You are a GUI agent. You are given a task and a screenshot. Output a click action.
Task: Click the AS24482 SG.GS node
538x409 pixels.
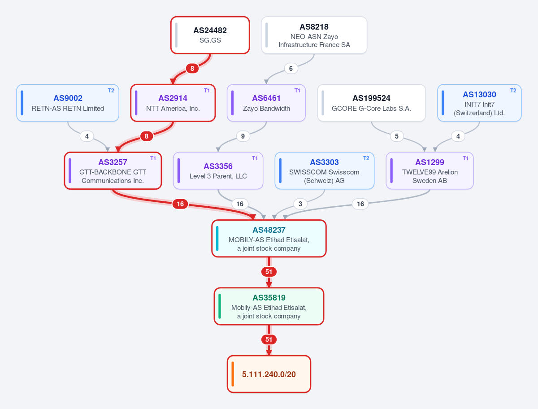[x=210, y=35]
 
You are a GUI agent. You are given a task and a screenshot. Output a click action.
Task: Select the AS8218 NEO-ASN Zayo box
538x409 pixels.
[x=314, y=35]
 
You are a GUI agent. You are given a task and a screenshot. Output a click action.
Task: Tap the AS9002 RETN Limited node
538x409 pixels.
[x=68, y=103]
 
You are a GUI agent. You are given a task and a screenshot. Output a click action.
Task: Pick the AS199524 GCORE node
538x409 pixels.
[x=371, y=103]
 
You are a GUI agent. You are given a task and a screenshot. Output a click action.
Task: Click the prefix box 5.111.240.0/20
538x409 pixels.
[x=269, y=374]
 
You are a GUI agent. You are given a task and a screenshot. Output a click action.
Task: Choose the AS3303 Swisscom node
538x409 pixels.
[x=324, y=170]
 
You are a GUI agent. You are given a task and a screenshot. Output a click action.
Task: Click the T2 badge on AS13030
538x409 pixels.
[x=513, y=91]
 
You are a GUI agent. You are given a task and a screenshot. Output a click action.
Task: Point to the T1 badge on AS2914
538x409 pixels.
[x=207, y=91]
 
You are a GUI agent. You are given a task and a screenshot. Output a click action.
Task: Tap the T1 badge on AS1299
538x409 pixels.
[x=465, y=158]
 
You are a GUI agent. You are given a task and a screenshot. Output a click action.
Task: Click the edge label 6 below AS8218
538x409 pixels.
[x=291, y=68]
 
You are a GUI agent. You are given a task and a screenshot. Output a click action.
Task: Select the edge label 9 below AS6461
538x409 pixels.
[x=243, y=136]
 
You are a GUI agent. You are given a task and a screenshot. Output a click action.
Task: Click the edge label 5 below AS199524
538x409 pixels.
[x=397, y=136]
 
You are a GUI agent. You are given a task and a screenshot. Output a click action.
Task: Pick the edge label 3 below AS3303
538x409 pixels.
[x=300, y=204]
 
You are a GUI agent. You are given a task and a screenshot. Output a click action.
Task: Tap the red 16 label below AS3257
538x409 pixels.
[x=180, y=204]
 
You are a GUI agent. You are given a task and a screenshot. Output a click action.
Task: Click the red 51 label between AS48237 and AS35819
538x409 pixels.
[x=269, y=271]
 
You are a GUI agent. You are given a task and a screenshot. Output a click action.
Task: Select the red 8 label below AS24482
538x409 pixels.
[x=192, y=68]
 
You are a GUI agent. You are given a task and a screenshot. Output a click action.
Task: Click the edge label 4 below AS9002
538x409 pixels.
[x=87, y=136]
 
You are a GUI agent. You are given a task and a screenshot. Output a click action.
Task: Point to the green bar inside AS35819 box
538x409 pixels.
[x=220, y=306]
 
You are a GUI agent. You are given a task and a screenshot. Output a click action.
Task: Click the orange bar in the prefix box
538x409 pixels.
[x=233, y=374]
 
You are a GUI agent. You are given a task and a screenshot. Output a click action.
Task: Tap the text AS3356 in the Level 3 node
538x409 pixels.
[x=218, y=166]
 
